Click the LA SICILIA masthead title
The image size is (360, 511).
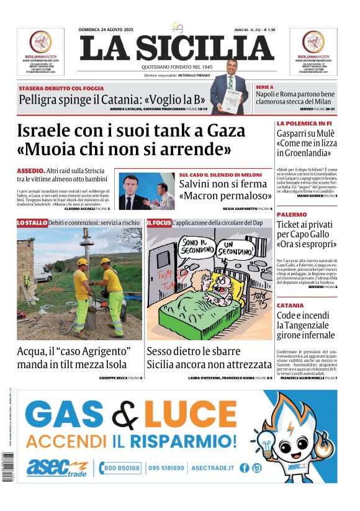[x=177, y=48]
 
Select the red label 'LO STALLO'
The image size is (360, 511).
[x=32, y=222]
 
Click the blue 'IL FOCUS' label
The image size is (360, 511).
[x=158, y=222]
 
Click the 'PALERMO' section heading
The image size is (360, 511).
[x=292, y=214]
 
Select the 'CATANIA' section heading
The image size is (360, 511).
[x=290, y=305]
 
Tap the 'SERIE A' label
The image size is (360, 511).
[x=265, y=88]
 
